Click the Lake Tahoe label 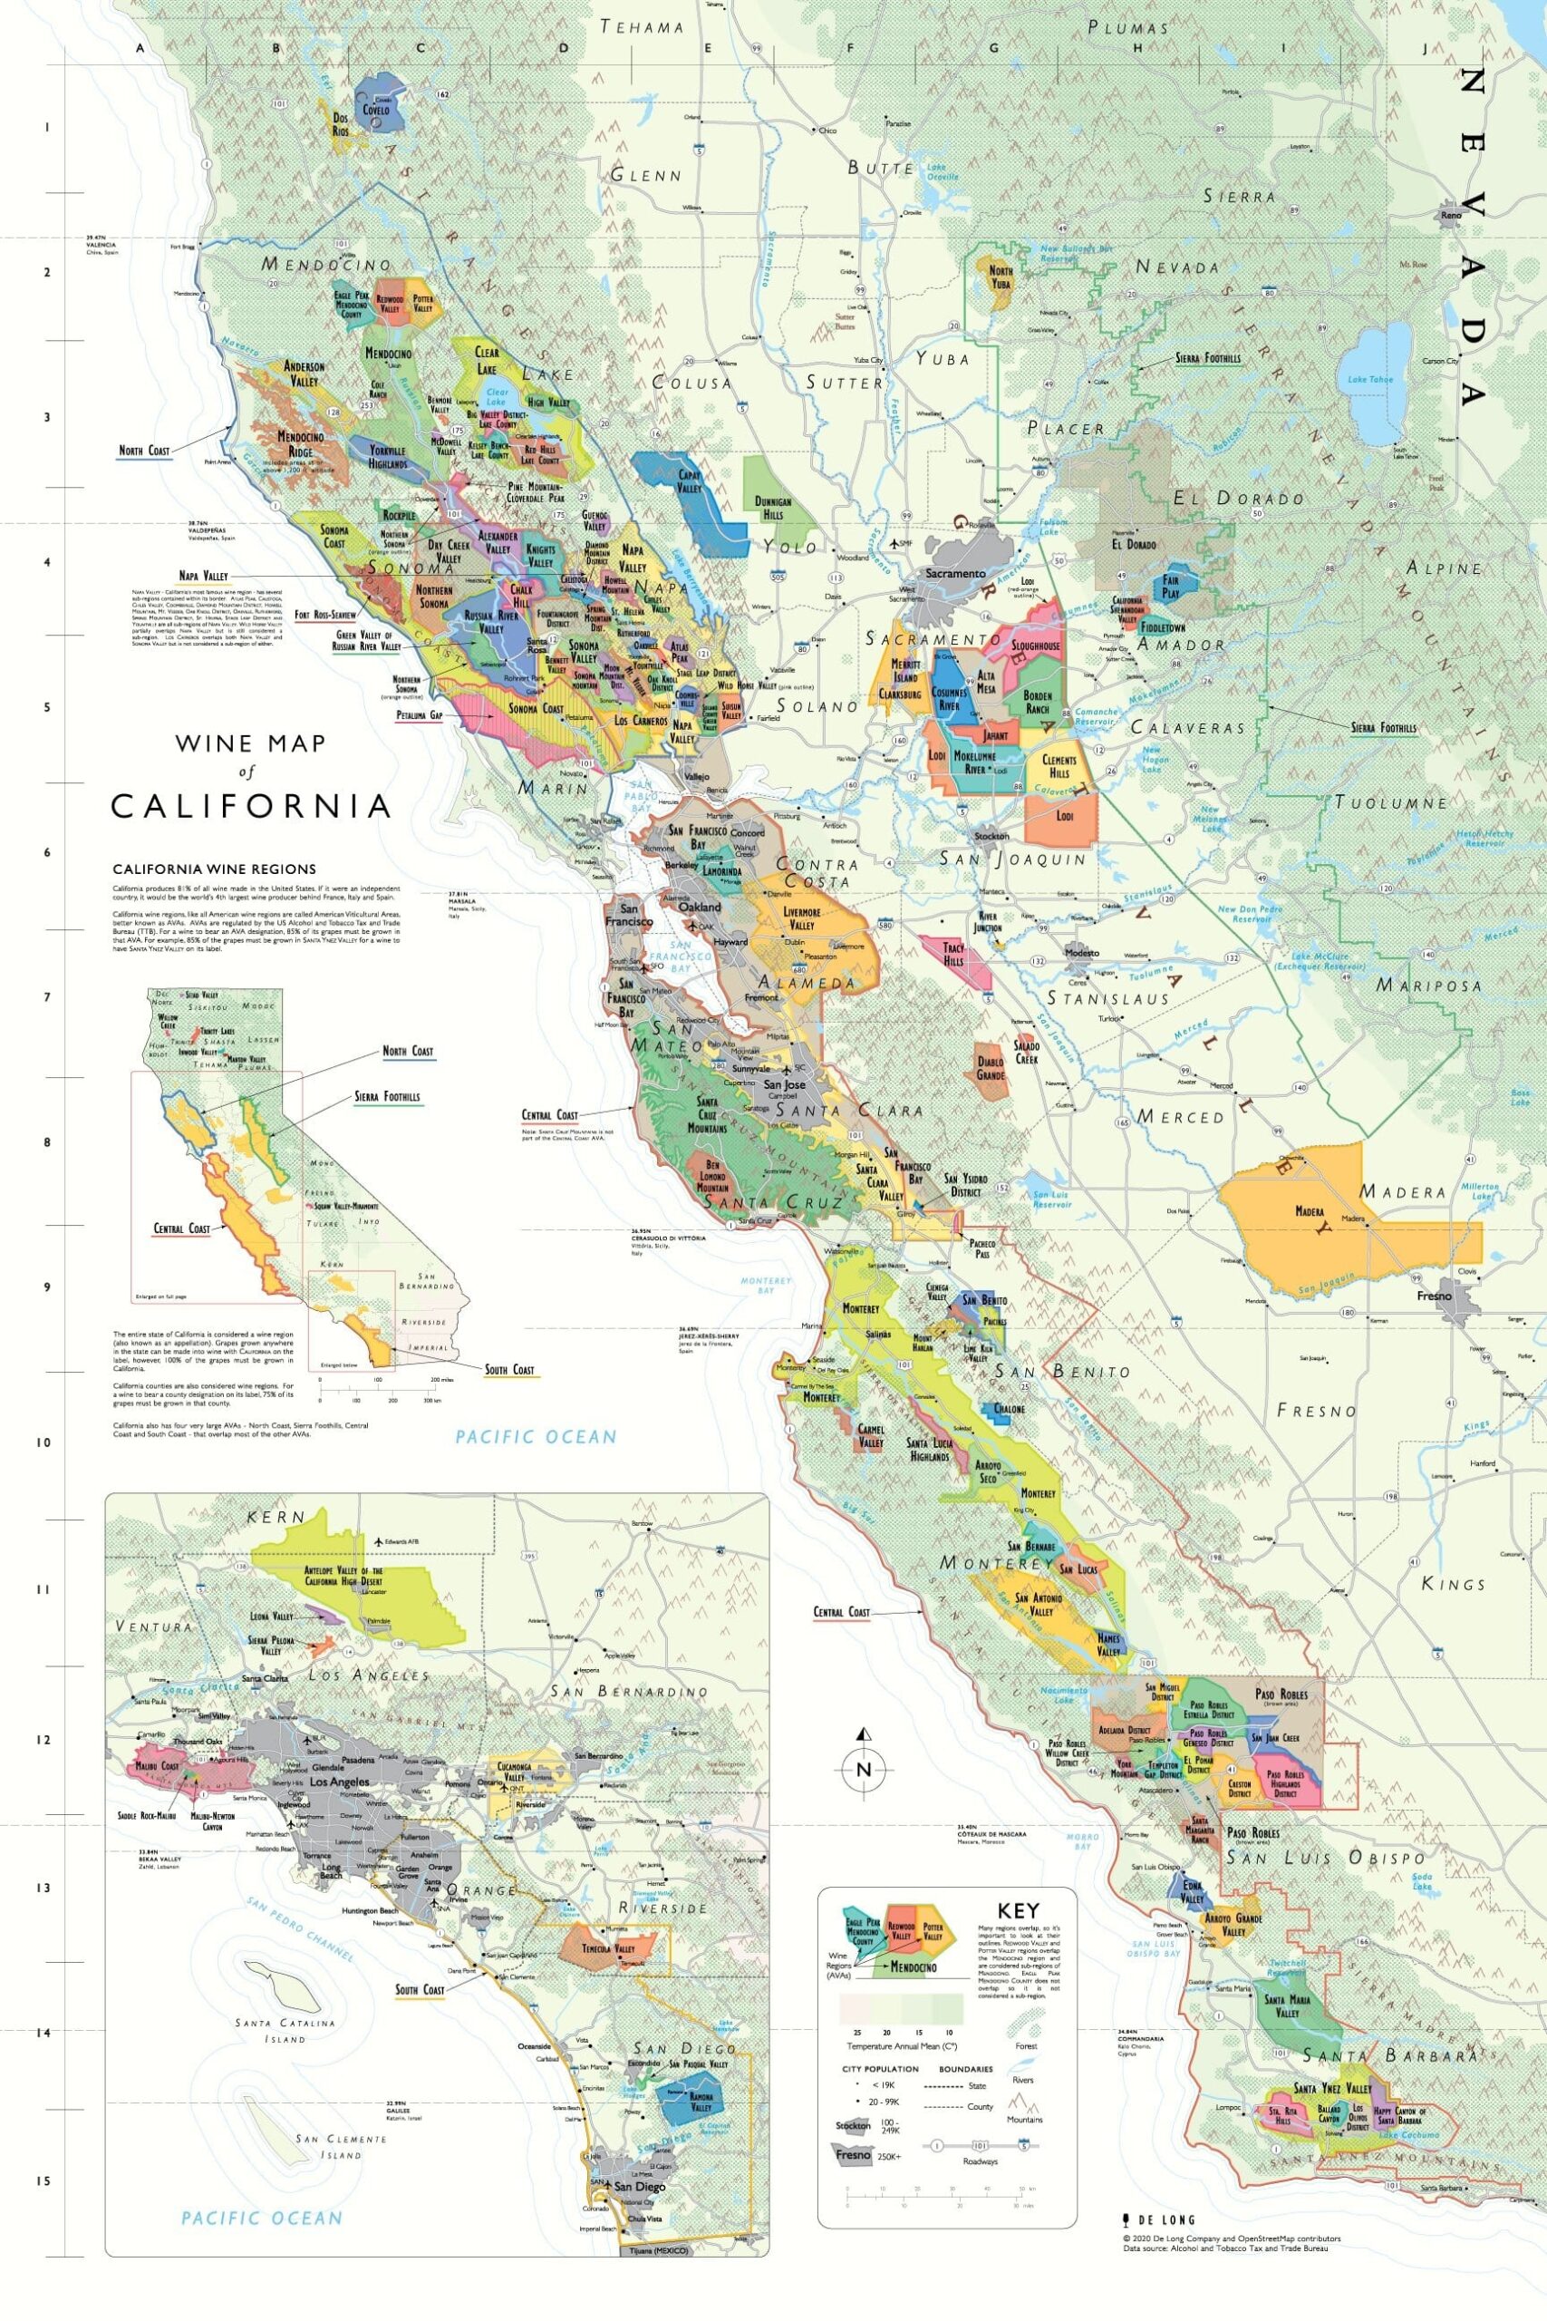tap(1367, 379)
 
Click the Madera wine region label tap(1309, 1212)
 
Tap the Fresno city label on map tap(1434, 1295)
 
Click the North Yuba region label tap(1001, 277)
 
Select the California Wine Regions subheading tap(214, 869)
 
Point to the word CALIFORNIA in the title tap(251, 806)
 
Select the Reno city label tap(1449, 215)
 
